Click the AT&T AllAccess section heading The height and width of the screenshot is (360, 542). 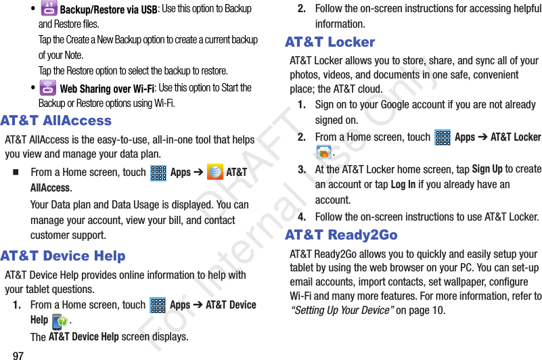[56, 120]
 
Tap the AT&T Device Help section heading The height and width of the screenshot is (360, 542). [63, 256]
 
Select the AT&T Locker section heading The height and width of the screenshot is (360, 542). [330, 42]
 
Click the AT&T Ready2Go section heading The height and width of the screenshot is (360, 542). [341, 235]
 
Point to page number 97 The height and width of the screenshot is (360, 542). [18, 355]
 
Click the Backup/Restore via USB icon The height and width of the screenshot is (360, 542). [49, 9]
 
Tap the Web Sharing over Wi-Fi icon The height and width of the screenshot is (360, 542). [48, 87]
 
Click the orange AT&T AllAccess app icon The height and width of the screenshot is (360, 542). [215, 172]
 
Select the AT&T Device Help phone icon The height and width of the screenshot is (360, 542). [60, 321]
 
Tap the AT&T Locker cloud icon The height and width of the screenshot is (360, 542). [323, 152]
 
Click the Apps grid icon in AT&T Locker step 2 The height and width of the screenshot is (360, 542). [443, 137]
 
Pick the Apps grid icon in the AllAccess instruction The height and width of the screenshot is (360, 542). [158, 173]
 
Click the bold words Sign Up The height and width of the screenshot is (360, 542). [487, 168]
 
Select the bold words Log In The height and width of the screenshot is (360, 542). [403, 185]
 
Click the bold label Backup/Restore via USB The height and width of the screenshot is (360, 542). [108, 9]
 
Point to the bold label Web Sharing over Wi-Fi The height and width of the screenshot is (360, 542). [107, 89]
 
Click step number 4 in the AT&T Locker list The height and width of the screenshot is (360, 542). [302, 217]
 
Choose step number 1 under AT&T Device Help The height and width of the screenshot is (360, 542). [17, 305]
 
